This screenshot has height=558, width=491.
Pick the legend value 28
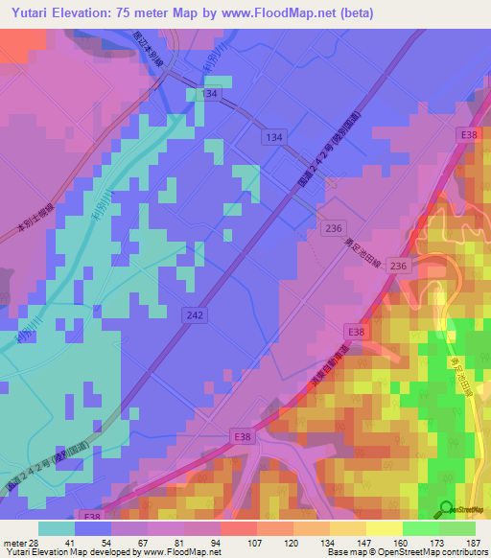coord(34,543)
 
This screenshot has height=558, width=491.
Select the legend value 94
coord(216,543)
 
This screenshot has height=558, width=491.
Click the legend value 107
coord(252,543)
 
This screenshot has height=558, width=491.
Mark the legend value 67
coord(143,543)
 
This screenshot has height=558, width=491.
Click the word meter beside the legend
coord(13,543)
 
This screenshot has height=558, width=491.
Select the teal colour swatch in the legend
coord(57,528)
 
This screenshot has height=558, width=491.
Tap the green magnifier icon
coord(446,510)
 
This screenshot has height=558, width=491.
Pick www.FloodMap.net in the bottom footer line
coord(176,553)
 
